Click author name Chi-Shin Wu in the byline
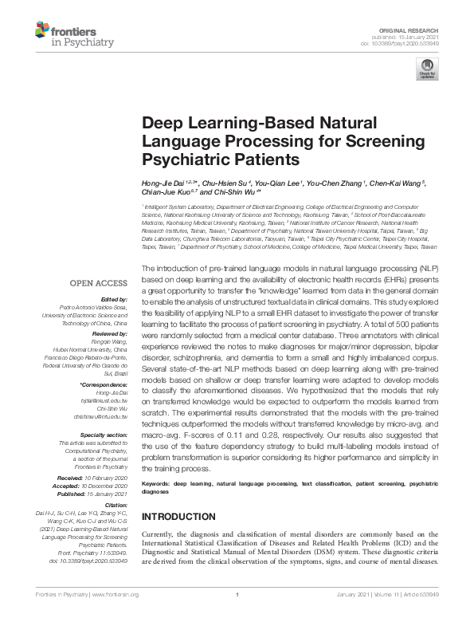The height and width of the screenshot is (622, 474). tap(234, 193)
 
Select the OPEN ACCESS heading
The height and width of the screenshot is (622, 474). tap(98, 283)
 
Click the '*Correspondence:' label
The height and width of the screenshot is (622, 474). tap(104, 385)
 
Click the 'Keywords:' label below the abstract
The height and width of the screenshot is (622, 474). tap(156, 483)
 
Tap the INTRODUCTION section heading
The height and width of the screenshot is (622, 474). tap(178, 517)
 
